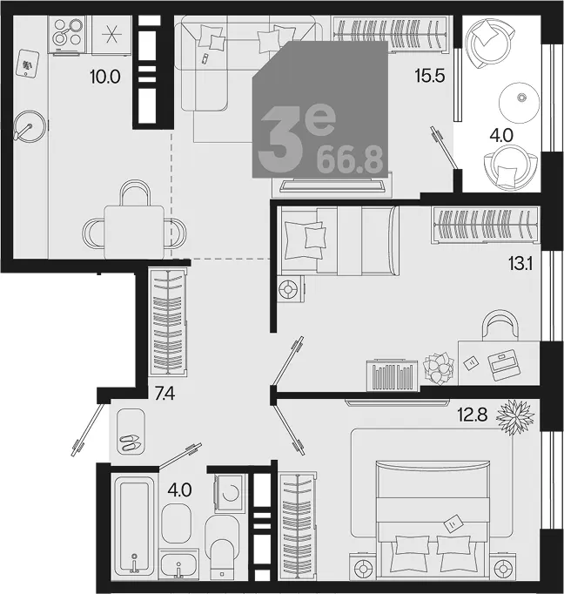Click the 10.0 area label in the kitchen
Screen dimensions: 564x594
[105, 77]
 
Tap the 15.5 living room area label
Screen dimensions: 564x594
[430, 76]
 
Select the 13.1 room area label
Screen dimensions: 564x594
[520, 264]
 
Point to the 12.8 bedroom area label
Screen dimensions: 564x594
[473, 415]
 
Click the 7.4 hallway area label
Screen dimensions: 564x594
[164, 395]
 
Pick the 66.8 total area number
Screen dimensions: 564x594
[350, 160]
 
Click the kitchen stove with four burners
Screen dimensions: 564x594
[67, 34]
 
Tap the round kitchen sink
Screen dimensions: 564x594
[30, 126]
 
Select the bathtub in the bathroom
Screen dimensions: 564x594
[134, 524]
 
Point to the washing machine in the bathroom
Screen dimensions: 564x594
[228, 492]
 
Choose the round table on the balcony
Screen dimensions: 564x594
[520, 102]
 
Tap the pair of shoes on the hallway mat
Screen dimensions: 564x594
[131, 442]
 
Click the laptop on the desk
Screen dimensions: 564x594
[503, 364]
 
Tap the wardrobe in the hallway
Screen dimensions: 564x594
[167, 322]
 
